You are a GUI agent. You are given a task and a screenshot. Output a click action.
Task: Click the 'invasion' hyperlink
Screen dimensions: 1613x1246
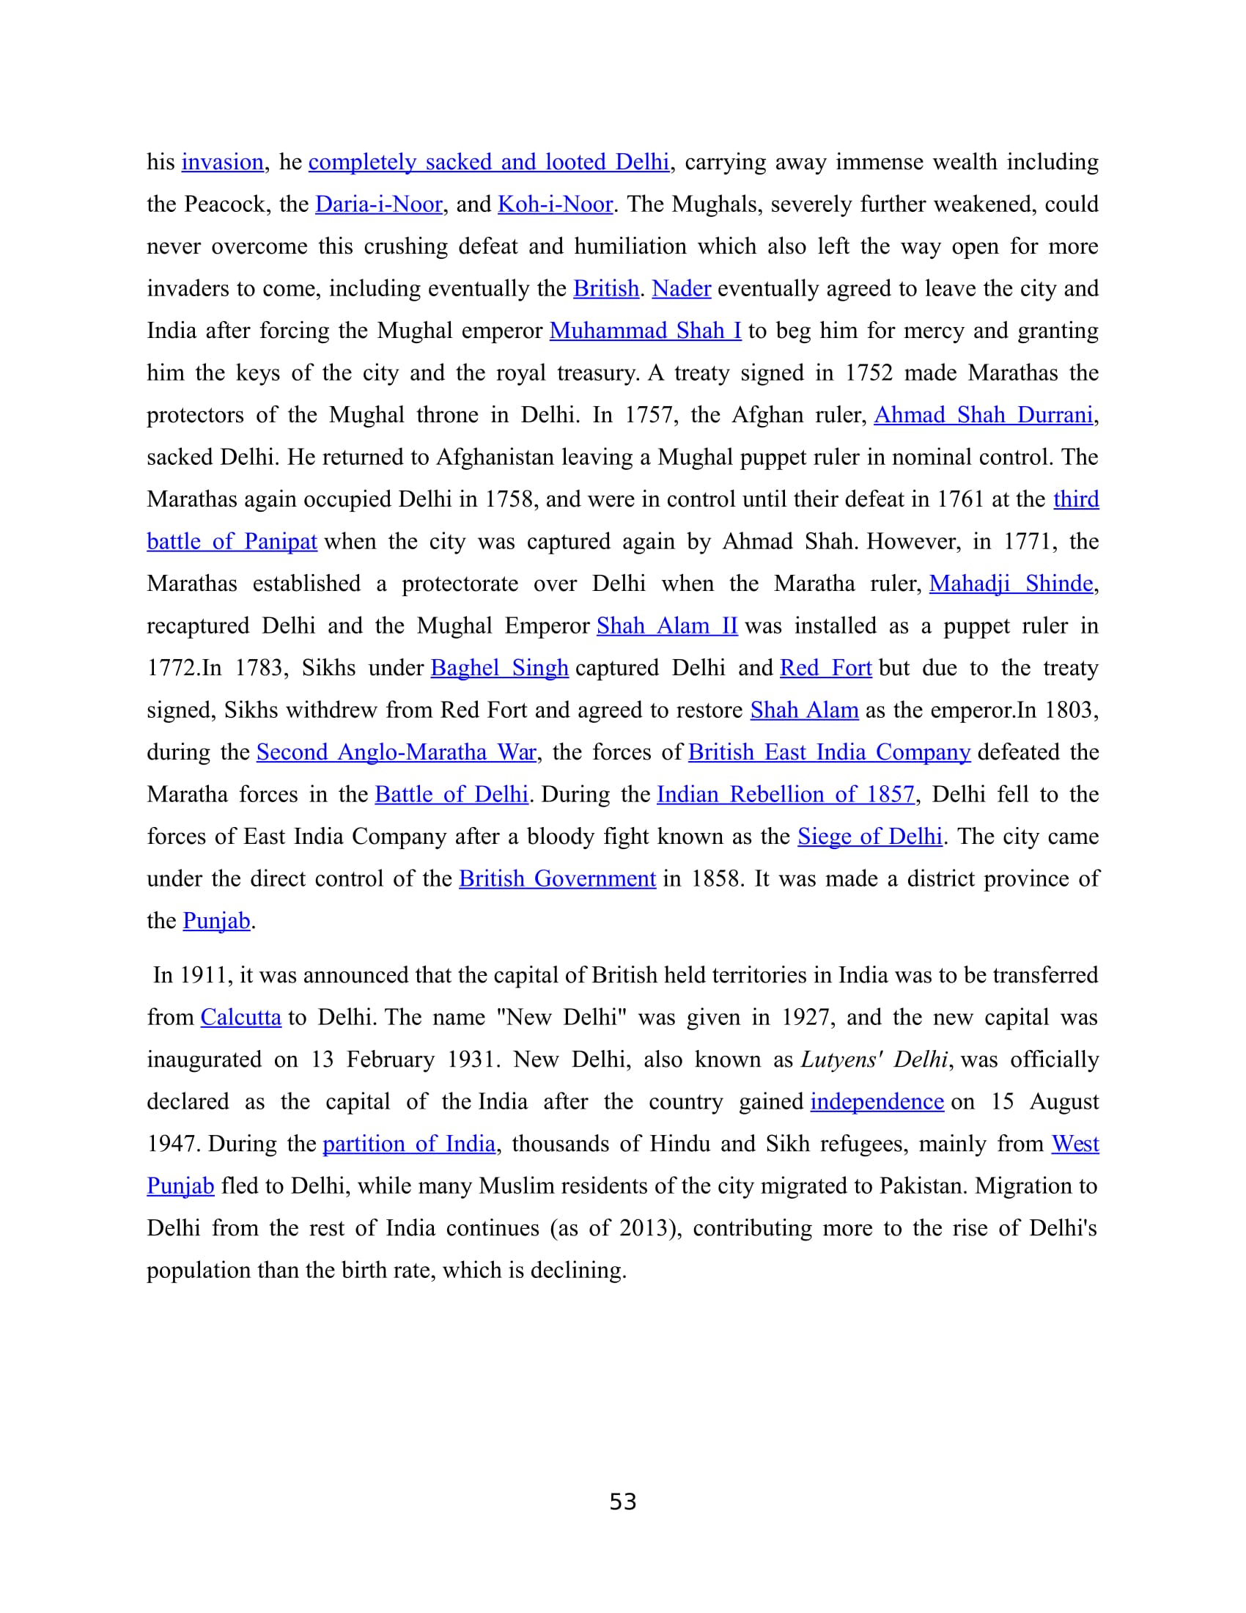pyautogui.click(x=222, y=162)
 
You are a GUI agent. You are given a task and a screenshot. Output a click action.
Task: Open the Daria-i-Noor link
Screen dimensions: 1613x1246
pyautogui.click(x=379, y=204)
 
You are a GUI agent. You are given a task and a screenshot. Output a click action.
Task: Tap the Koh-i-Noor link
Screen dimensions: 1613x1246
pyautogui.click(x=555, y=204)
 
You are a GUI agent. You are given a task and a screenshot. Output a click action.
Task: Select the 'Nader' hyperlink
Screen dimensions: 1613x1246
pyautogui.click(x=682, y=288)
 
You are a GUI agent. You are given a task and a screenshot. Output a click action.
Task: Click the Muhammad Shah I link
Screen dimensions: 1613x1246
pyautogui.click(x=645, y=330)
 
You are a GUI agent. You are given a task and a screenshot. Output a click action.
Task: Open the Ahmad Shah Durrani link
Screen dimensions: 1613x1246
pyautogui.click(x=983, y=414)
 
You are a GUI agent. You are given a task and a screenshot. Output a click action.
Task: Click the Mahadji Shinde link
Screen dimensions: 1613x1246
pyautogui.click(x=1011, y=584)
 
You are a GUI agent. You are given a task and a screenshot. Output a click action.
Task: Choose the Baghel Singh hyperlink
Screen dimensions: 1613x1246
pyautogui.click(x=499, y=668)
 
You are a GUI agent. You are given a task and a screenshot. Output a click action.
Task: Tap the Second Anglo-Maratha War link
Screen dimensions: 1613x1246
pyautogui.click(x=397, y=752)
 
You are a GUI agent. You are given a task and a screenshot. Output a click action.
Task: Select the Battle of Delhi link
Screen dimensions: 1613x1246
pyautogui.click(x=451, y=794)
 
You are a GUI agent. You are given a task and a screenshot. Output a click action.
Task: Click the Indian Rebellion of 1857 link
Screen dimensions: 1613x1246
pyautogui.click(x=786, y=794)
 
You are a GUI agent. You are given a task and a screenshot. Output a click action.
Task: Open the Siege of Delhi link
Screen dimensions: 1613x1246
pyautogui.click(x=869, y=836)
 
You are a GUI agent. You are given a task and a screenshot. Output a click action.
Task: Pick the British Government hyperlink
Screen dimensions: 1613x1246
pyautogui.click(x=557, y=878)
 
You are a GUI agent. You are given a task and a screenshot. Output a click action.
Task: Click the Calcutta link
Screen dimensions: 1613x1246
pyautogui.click(x=240, y=1017)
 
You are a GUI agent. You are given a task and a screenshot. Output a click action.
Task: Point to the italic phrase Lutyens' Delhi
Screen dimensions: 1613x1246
pyautogui.click(x=874, y=1059)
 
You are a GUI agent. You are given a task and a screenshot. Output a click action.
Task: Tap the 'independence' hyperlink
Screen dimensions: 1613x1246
pyautogui.click(x=877, y=1101)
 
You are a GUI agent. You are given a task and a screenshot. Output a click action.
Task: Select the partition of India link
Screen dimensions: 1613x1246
pyautogui.click(x=409, y=1143)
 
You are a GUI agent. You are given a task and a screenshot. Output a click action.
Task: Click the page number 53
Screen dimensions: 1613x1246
pyautogui.click(x=623, y=1502)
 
